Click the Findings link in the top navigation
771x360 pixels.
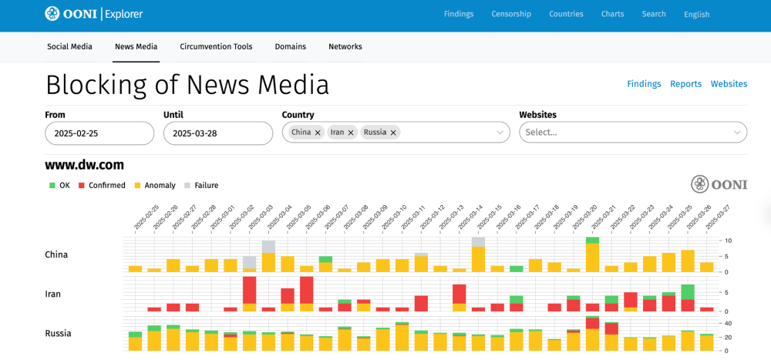click(x=459, y=14)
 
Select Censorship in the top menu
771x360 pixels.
click(x=511, y=14)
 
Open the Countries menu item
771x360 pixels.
click(x=566, y=14)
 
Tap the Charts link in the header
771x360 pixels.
click(x=612, y=14)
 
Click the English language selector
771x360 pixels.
click(x=696, y=15)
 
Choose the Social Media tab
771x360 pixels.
click(x=69, y=46)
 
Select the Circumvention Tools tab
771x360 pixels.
click(x=216, y=46)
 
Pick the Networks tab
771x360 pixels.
click(x=345, y=46)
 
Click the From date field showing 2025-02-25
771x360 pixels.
click(x=99, y=133)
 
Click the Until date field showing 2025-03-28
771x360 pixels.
click(x=218, y=133)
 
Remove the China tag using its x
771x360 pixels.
click(x=318, y=133)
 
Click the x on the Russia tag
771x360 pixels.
click(x=393, y=133)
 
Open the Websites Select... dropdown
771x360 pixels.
click(x=633, y=132)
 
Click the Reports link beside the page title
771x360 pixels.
click(x=685, y=84)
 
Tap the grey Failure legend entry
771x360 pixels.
click(x=201, y=185)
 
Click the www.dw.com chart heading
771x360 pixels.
click(x=84, y=164)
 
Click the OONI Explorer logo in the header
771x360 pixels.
click(x=93, y=14)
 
